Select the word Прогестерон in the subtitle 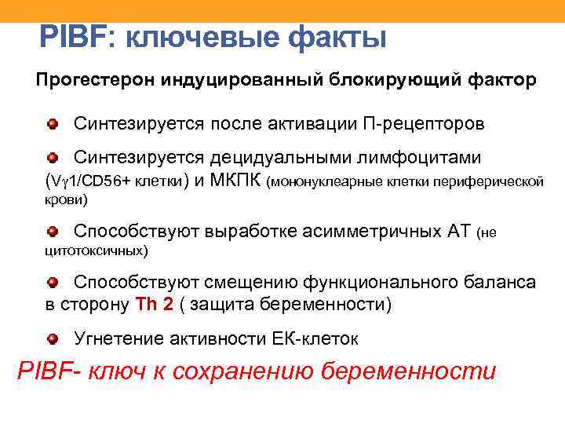tap(96, 81)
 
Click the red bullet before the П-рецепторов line tap(52, 123)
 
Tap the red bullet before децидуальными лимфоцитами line tap(52, 158)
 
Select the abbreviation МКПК tap(237, 181)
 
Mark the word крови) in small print tap(64, 201)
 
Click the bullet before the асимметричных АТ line tap(52, 231)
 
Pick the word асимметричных tap(363, 232)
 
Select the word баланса tap(497, 283)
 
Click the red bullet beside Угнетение tap(52, 338)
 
